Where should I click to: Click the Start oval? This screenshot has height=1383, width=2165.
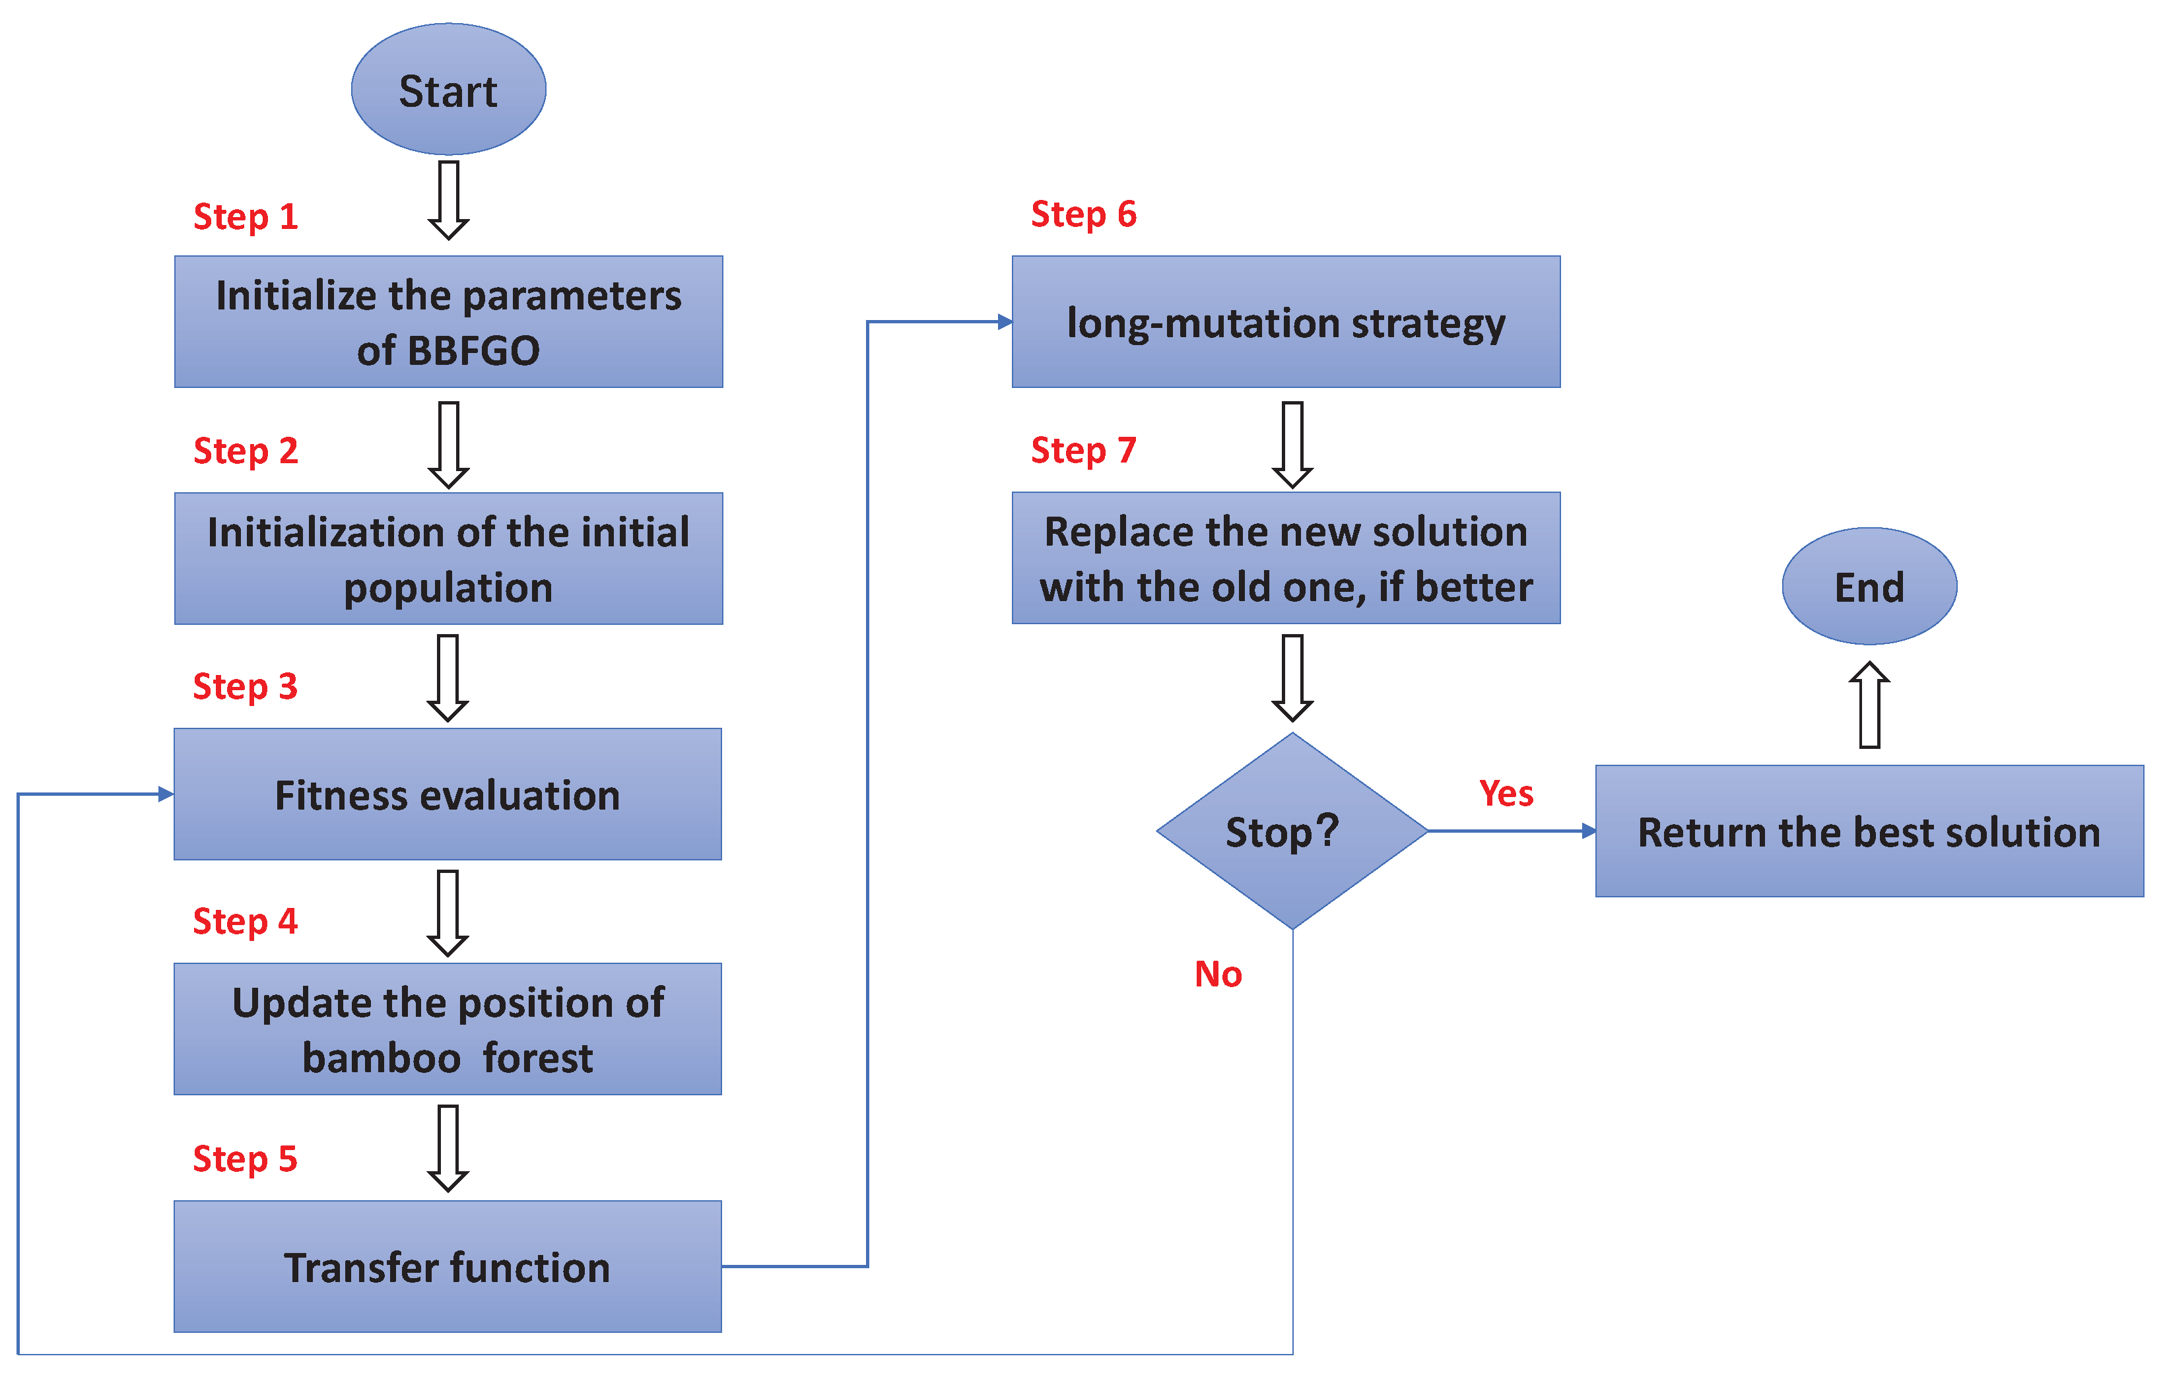(x=448, y=90)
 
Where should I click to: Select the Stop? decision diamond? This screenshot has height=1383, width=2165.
(x=1291, y=831)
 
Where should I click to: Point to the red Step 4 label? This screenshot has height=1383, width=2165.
(x=244, y=922)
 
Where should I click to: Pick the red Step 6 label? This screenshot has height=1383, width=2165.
(x=1082, y=214)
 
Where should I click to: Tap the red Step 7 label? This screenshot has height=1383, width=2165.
(x=1082, y=450)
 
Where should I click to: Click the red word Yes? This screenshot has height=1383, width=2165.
(x=1506, y=794)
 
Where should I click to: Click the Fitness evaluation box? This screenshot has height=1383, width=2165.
(x=448, y=794)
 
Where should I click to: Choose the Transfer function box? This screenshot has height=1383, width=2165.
(x=448, y=1266)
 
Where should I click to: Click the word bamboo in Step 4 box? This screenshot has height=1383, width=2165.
(x=382, y=1058)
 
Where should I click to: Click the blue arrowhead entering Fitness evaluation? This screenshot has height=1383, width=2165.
(x=166, y=794)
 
